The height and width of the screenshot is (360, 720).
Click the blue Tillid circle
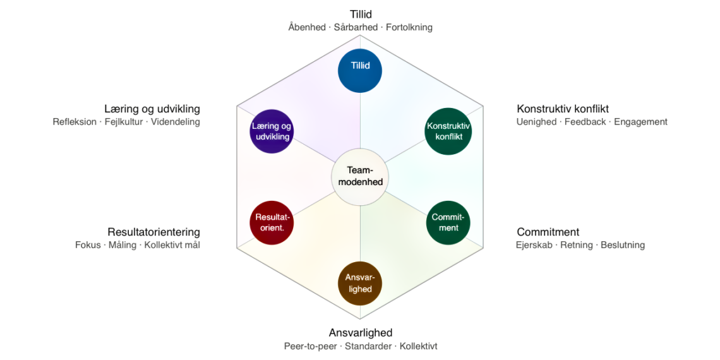(x=360, y=70)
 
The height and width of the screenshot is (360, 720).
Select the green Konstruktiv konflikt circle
(x=448, y=131)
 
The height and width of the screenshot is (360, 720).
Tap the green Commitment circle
(x=448, y=222)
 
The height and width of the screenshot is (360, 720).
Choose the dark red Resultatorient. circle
(x=272, y=222)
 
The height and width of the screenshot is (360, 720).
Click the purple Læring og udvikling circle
(x=272, y=131)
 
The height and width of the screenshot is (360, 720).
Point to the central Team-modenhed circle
(x=360, y=176)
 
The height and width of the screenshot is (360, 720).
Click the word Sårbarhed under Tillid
(x=356, y=27)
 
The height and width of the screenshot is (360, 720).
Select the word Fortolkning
(x=409, y=27)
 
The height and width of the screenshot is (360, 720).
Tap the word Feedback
(x=585, y=122)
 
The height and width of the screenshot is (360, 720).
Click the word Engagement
(x=640, y=122)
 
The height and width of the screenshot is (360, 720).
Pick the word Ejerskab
(x=534, y=245)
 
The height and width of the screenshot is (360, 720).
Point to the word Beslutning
(x=622, y=245)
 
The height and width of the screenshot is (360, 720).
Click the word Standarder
(x=368, y=346)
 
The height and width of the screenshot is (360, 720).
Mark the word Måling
(x=122, y=245)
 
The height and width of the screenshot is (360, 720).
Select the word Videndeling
(x=175, y=122)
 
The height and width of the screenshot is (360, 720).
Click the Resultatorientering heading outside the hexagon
(x=153, y=232)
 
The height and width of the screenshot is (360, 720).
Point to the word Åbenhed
(x=307, y=27)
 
